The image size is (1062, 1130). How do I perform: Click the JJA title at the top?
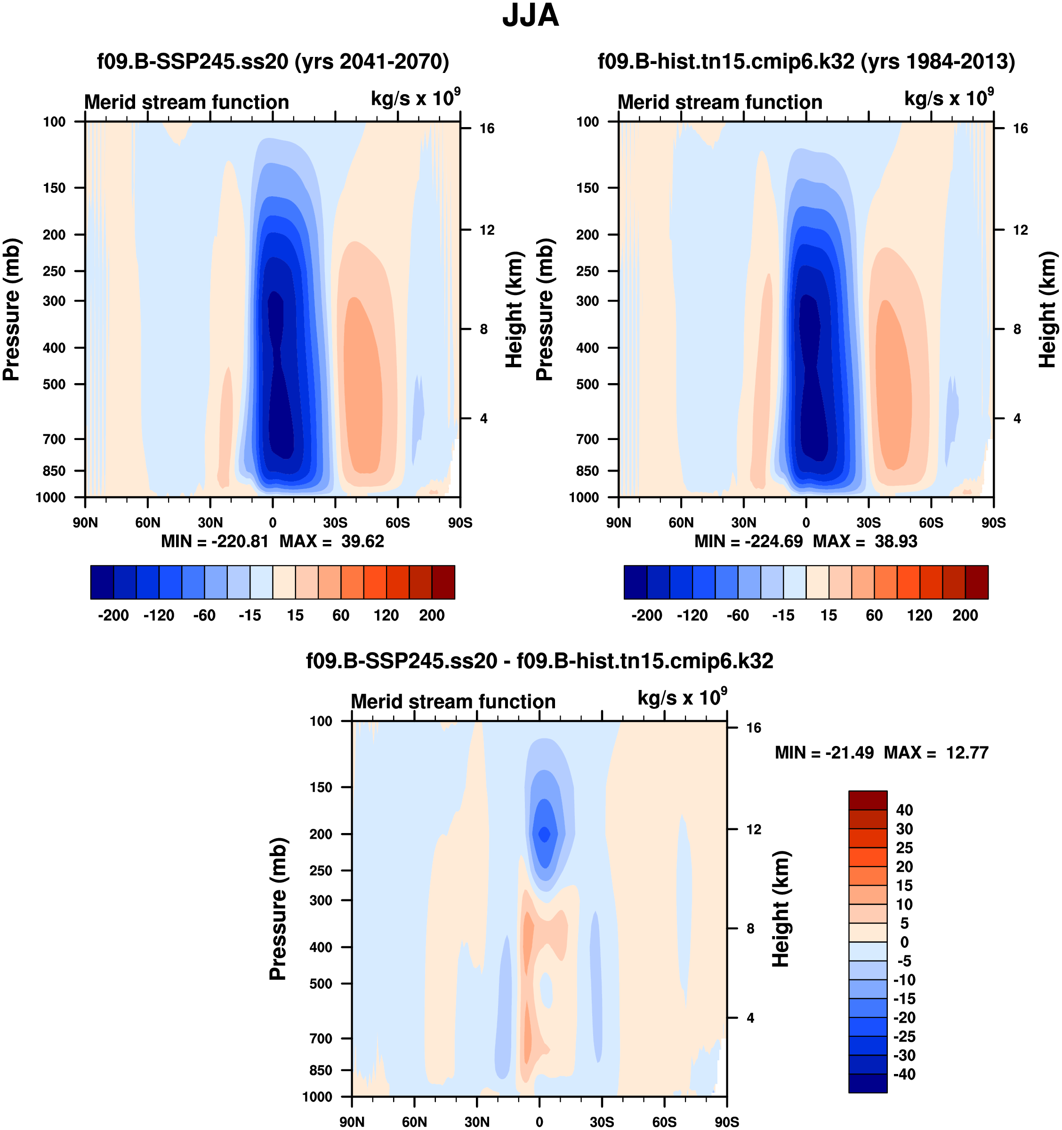click(x=531, y=16)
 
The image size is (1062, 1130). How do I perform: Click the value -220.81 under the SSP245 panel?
click(x=239, y=541)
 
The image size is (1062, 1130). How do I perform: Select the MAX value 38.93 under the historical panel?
click(x=895, y=541)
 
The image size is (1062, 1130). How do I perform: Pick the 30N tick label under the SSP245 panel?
click(x=210, y=522)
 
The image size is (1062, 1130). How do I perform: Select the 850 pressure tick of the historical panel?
click(x=587, y=471)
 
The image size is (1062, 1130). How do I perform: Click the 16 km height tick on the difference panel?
click(x=753, y=728)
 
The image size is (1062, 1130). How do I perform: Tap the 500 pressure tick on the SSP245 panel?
click(x=54, y=384)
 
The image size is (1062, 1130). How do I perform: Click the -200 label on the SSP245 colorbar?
click(x=113, y=615)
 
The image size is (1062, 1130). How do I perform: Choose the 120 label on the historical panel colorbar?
click(x=919, y=615)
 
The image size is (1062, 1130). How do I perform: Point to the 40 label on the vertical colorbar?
click(x=904, y=810)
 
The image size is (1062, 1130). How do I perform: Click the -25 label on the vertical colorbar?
click(x=903, y=1036)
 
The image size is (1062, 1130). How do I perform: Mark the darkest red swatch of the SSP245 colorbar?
click(x=443, y=582)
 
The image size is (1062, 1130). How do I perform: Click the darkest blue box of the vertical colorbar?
click(x=868, y=1083)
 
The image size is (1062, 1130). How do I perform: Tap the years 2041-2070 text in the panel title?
click(x=372, y=61)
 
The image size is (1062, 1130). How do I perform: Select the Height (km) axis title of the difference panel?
click(x=781, y=909)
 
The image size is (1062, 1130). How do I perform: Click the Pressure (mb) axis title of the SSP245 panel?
click(x=11, y=309)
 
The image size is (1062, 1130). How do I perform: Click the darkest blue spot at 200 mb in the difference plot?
click(x=544, y=834)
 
